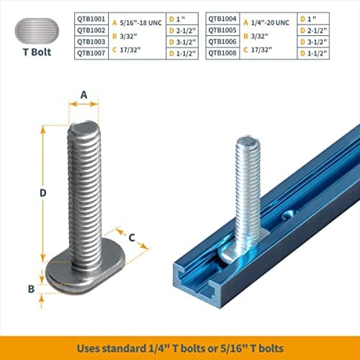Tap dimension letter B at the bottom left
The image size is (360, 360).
[x=31, y=288]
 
